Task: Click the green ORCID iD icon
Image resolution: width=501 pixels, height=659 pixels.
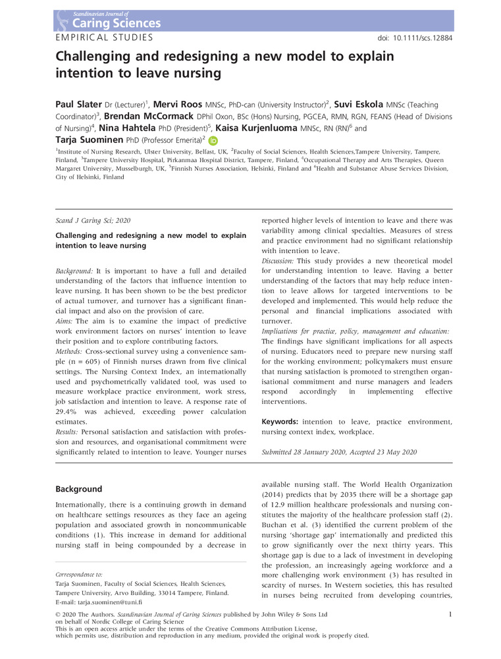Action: pyautogui.click(x=213, y=140)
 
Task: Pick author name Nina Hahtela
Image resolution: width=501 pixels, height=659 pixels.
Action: pyautogui.click(x=115, y=129)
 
